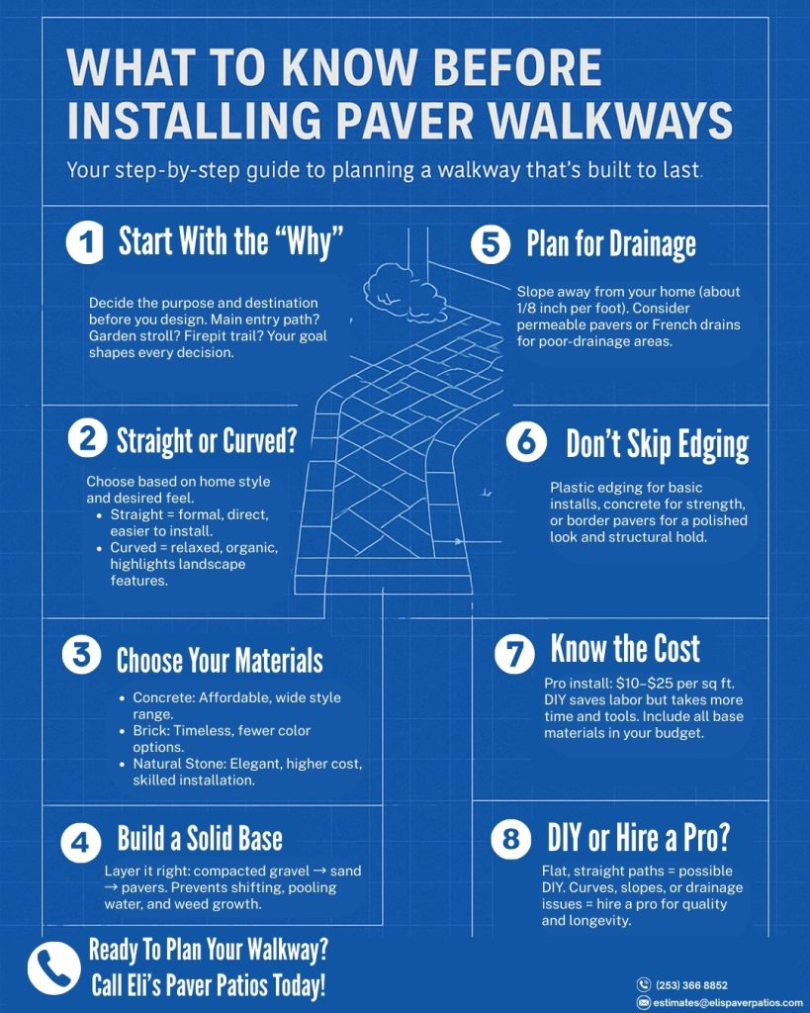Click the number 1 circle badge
tap(85, 243)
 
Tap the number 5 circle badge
tap(491, 243)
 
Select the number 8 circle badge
tap(510, 840)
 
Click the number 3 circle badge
tap(81, 657)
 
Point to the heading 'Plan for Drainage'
tap(610, 244)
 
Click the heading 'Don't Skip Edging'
tap(657, 444)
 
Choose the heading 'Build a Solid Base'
tap(200, 840)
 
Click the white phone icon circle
tap(53, 967)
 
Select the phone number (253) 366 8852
tap(691, 985)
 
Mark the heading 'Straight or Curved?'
tap(206, 441)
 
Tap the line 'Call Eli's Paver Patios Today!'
tap(208, 985)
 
